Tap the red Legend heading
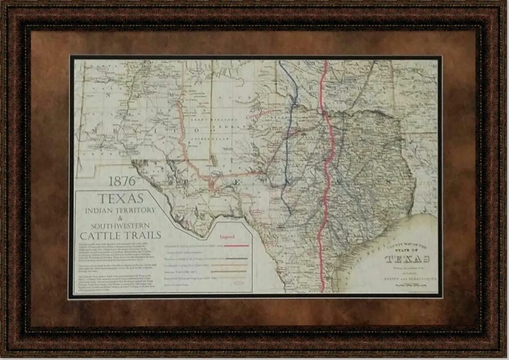click(227, 236)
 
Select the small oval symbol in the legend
click(238, 283)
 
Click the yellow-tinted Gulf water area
click(424, 228)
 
